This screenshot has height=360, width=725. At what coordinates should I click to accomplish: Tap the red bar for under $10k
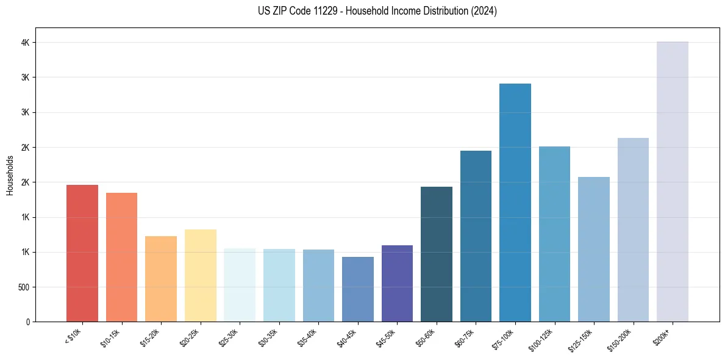(x=82, y=253)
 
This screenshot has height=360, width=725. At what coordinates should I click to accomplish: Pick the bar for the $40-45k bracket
(x=357, y=289)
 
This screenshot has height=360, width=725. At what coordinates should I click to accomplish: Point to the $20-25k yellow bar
(x=200, y=276)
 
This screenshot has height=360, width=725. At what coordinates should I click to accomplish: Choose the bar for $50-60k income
(x=436, y=254)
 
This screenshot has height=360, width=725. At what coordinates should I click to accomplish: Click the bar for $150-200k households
(x=633, y=230)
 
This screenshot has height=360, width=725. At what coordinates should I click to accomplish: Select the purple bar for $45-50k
(x=397, y=284)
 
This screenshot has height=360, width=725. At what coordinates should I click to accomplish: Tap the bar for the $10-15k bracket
(x=121, y=257)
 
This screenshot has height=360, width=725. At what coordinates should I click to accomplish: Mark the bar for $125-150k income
(x=593, y=250)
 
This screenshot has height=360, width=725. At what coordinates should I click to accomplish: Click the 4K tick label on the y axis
(x=24, y=43)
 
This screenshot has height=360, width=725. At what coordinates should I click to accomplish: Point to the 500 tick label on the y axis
(x=23, y=287)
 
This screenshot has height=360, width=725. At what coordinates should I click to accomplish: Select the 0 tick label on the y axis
(x=27, y=322)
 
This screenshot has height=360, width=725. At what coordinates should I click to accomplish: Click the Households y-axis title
(x=10, y=175)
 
